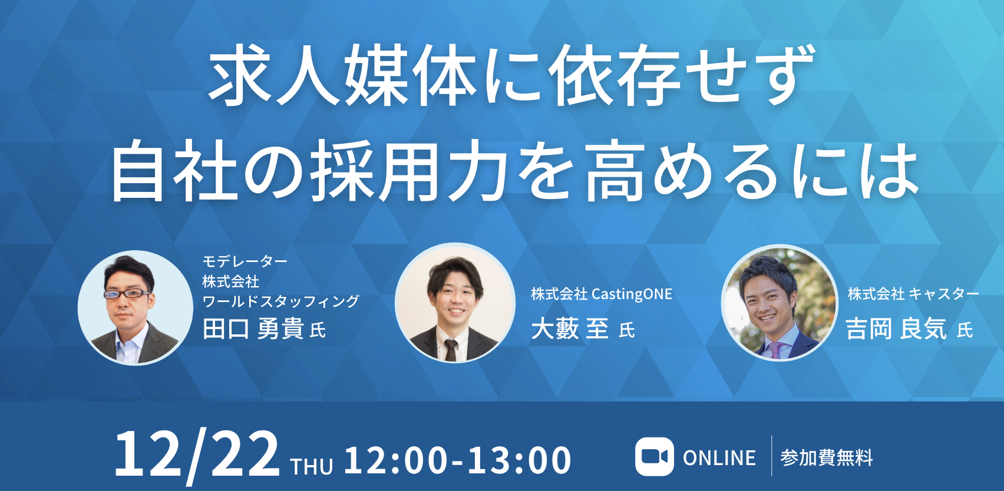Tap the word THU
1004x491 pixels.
point(312,466)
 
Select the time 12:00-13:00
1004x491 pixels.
point(457,460)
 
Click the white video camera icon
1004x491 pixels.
point(655,456)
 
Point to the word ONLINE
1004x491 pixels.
point(719,458)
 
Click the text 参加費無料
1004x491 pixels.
point(827,458)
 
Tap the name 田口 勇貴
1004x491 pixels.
point(253,329)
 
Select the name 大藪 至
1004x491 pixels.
point(570,329)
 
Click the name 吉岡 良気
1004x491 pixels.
point(896,329)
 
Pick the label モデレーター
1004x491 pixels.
point(245,261)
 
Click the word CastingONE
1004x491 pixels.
point(632,294)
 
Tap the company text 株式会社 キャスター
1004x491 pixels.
point(913,294)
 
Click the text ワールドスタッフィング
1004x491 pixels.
point(281,301)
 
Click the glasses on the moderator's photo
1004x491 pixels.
point(127,294)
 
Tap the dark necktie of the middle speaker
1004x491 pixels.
point(450,350)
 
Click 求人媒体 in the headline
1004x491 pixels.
point(342,75)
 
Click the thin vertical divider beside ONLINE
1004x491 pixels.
point(771,456)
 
